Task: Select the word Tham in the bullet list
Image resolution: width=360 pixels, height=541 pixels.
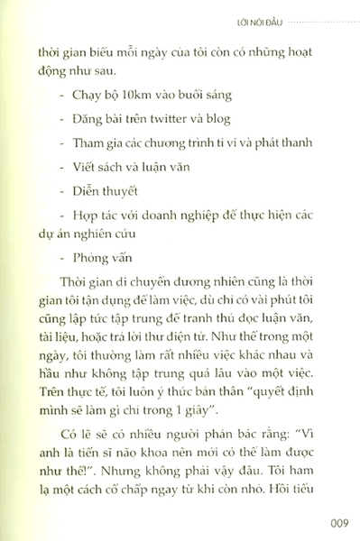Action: point(98,141)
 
